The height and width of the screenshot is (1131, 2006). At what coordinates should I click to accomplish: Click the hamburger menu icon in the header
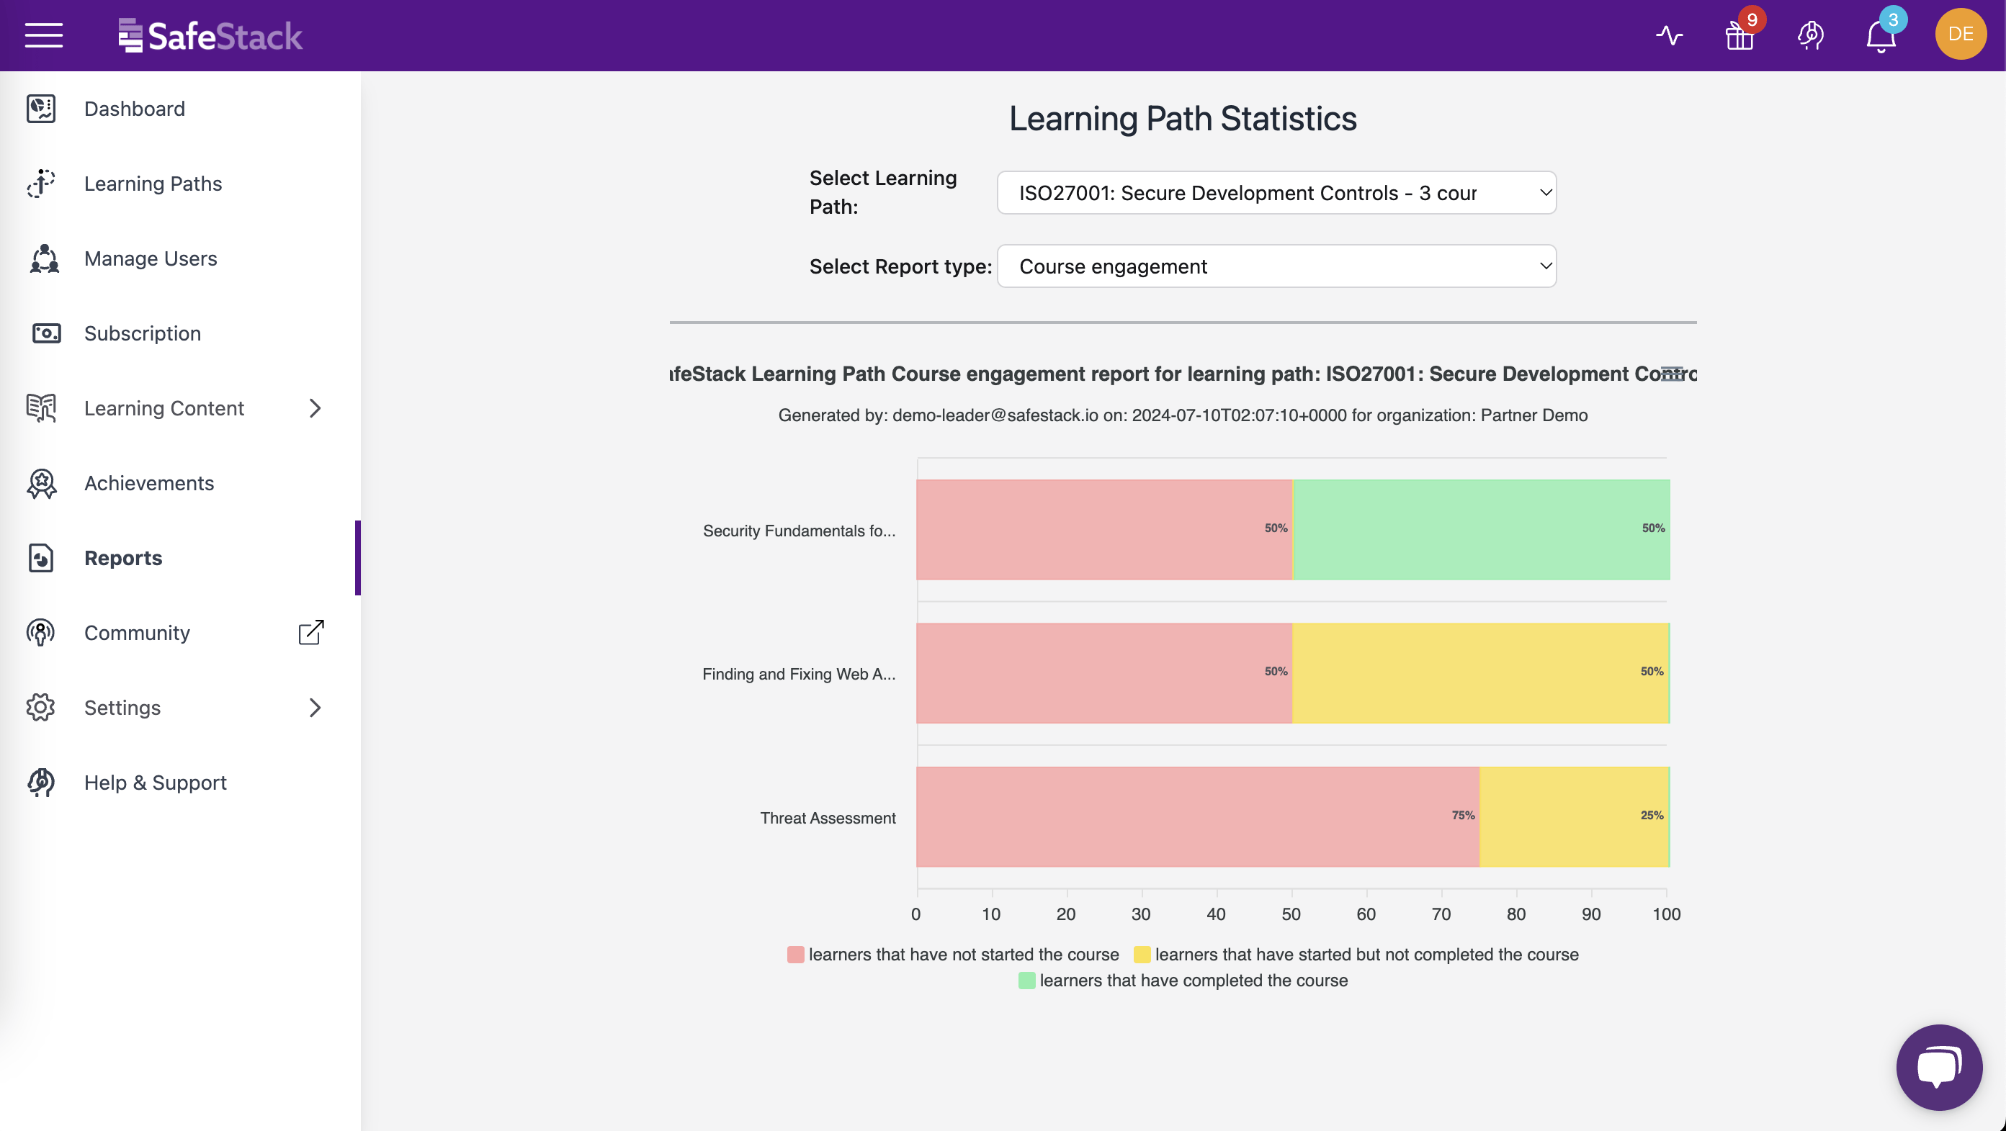point(44,35)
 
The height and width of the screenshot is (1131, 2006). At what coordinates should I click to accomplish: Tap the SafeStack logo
point(210,36)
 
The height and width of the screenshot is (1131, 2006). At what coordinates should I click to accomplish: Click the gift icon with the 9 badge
point(1739,36)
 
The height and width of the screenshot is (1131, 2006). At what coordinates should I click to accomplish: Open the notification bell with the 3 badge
point(1880,36)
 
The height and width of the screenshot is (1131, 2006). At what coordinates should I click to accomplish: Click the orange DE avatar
point(1960,35)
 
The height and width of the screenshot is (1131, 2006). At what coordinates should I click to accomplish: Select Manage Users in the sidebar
point(151,258)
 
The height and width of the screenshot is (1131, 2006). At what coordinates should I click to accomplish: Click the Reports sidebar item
point(123,558)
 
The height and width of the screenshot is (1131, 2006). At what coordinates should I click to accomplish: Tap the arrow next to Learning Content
point(315,408)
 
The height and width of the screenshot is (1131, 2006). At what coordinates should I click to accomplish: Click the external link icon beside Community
point(310,632)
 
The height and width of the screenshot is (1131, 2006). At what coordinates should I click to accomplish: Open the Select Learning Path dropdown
point(1276,193)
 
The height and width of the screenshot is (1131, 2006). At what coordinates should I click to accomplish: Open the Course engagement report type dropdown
point(1276,266)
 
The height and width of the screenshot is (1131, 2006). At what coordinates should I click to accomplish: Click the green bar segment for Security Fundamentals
point(1479,529)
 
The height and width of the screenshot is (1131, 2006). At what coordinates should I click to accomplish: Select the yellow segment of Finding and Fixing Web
point(1479,672)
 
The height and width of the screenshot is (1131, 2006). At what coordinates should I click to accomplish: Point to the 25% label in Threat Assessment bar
point(1651,815)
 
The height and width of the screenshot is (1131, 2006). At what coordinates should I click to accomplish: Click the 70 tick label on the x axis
point(1441,914)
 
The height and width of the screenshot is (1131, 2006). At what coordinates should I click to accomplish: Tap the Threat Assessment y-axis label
point(827,818)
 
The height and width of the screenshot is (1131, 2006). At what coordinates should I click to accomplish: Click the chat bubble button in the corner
point(1938,1066)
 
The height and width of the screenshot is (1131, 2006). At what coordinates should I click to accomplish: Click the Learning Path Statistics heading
point(1182,119)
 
